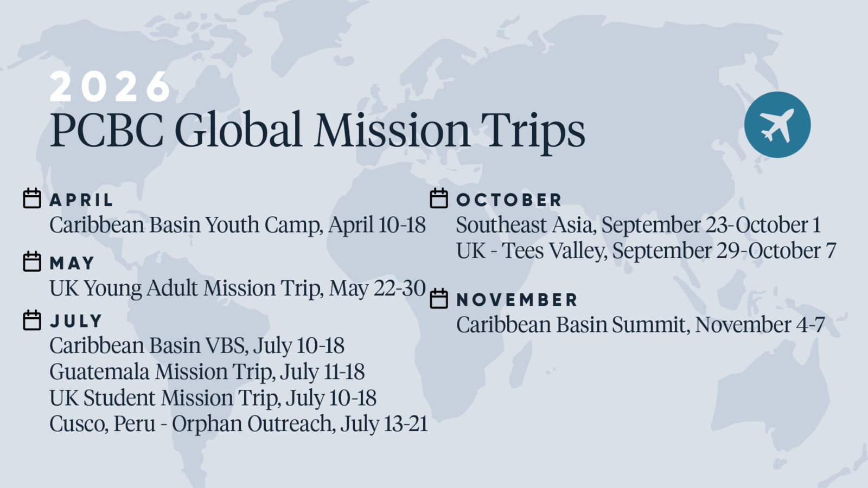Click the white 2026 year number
coord(110,86)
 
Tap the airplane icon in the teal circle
coord(777,125)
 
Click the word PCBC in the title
coord(106,130)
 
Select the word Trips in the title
coord(532,132)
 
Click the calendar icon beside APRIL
coord(32,198)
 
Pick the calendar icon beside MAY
coord(32,262)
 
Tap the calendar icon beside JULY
coord(32,320)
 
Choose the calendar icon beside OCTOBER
coord(439,198)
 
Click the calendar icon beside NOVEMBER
coord(439,299)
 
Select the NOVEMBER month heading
coord(517,300)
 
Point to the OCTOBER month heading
coord(509,200)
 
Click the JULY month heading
coord(76,321)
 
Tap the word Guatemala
coord(100,371)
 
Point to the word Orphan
coord(207,423)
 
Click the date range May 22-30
coord(378,288)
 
